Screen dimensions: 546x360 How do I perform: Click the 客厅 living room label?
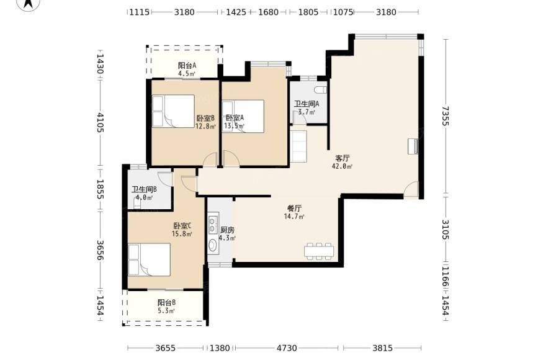(x=342, y=158)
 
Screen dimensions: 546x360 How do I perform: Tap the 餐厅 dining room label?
(x=294, y=209)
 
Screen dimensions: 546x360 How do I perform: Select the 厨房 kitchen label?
(x=227, y=230)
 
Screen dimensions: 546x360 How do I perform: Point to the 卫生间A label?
(x=307, y=104)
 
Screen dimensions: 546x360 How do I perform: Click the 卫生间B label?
(x=144, y=189)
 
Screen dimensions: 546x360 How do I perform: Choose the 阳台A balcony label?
(x=187, y=66)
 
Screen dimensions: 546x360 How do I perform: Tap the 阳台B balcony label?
(x=166, y=302)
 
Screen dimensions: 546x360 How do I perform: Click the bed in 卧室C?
(x=149, y=259)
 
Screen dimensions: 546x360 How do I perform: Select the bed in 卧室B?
(x=173, y=111)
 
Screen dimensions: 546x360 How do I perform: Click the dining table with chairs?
(x=319, y=251)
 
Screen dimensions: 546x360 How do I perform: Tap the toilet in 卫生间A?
(x=320, y=90)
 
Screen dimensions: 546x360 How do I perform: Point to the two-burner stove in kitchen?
(x=212, y=224)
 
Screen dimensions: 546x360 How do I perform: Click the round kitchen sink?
(x=212, y=245)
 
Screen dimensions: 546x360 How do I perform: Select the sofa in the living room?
(x=298, y=146)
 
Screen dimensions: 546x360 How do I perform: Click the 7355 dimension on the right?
(x=445, y=115)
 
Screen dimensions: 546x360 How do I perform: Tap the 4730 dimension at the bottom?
(x=287, y=348)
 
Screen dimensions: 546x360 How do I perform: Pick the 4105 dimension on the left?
(x=100, y=122)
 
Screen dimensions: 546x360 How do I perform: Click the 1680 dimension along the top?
(x=268, y=12)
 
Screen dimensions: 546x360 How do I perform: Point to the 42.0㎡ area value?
(x=342, y=166)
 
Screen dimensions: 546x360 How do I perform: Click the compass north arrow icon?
(x=29, y=4)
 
